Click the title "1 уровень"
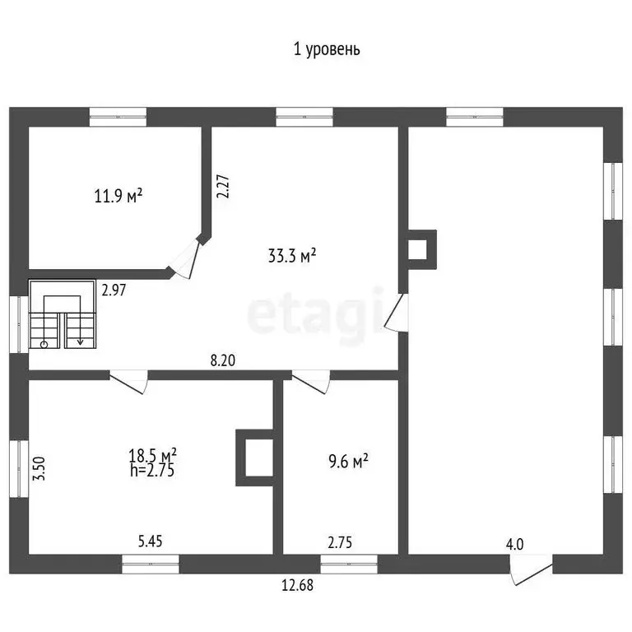click(x=327, y=49)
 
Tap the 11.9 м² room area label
click(x=118, y=196)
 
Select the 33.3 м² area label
click(x=292, y=256)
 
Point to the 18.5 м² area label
click(x=153, y=455)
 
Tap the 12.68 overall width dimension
click(x=297, y=586)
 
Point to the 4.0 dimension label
click(x=515, y=544)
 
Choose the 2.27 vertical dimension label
click(x=221, y=186)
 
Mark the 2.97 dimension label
click(x=114, y=289)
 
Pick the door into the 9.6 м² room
click(x=310, y=379)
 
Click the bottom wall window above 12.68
click(x=348, y=564)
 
